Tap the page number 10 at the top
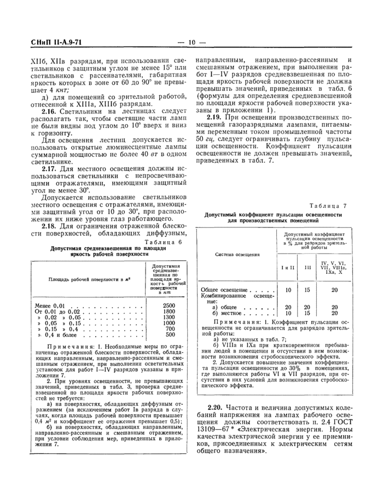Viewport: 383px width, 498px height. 191,43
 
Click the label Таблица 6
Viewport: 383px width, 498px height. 164,241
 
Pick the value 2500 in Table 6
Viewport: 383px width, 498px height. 169,305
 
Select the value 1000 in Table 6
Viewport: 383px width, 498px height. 169,323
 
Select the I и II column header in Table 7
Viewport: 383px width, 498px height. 288,268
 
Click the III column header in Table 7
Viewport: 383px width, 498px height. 307,268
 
